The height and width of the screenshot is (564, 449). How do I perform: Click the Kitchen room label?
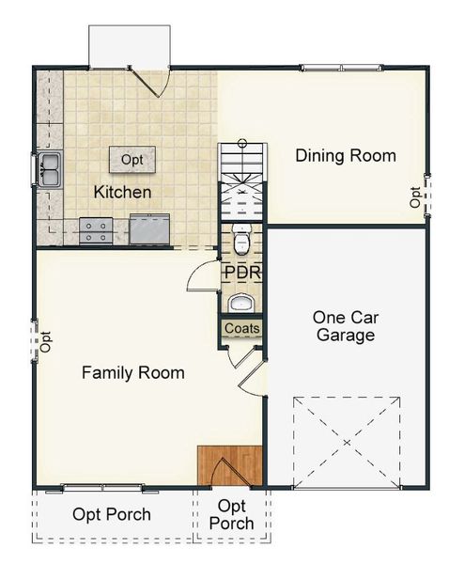point(122,192)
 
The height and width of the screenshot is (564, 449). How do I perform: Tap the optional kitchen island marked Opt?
point(132,160)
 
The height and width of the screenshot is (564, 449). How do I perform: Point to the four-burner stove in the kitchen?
point(96,229)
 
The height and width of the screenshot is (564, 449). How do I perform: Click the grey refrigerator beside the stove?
point(149,228)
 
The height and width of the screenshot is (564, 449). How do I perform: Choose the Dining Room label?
point(346,155)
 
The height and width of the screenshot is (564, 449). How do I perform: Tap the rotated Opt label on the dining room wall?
point(415,196)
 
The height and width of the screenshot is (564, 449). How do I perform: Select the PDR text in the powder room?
point(241,273)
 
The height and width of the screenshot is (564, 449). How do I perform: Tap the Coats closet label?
point(242,329)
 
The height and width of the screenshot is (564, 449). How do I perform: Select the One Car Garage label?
point(345,326)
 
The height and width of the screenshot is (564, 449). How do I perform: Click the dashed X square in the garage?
point(346,441)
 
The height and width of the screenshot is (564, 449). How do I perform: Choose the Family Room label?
point(132,372)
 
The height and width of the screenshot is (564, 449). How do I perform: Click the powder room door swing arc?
point(199,276)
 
